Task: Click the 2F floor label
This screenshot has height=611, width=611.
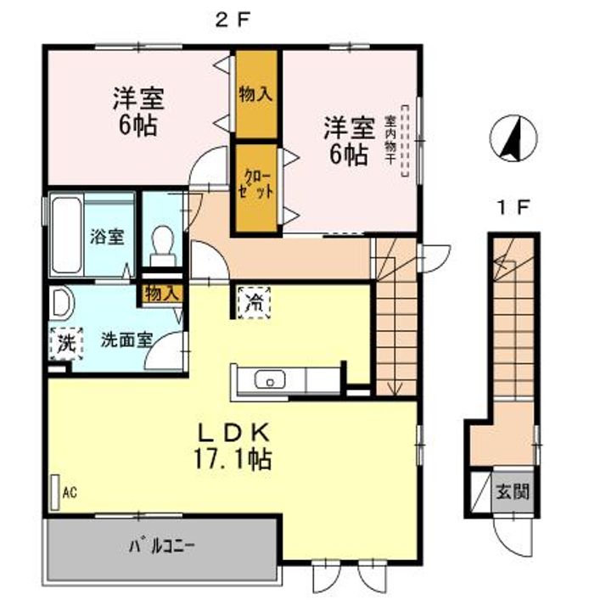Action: point(233,20)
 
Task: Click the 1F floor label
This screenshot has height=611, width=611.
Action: point(513,208)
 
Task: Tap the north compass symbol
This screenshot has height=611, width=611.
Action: point(513,138)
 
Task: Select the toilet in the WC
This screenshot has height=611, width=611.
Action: point(162,246)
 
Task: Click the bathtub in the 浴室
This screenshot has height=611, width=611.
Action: point(67,235)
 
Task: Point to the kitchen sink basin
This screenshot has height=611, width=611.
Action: point(270,379)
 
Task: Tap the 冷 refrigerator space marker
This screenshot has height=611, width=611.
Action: point(254,303)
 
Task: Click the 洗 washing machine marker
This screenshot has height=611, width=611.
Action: point(66,344)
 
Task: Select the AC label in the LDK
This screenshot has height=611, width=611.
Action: point(70,492)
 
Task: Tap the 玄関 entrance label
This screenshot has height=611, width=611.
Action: point(512,492)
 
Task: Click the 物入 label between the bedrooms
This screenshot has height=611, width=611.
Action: point(255,95)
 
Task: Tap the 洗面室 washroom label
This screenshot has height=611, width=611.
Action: point(126,340)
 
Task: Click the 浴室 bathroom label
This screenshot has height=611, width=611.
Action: point(107,237)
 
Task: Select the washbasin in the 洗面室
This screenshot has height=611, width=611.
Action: point(63,302)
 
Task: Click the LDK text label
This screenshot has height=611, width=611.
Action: point(233,432)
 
